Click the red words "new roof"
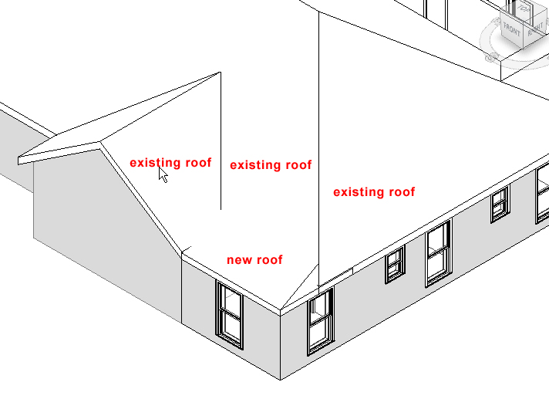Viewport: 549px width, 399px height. coord(254,260)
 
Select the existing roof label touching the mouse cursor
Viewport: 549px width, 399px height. coord(170,163)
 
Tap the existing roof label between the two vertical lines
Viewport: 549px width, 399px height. coord(271,165)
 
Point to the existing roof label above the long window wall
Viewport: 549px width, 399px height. coord(374,192)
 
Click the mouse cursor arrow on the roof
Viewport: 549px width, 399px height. coord(163,174)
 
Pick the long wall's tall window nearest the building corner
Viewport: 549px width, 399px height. coord(320,320)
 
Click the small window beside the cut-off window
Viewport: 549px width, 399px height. coord(500,204)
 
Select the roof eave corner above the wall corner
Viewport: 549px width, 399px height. coord(280,311)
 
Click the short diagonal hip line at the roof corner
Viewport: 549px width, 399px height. coord(301,286)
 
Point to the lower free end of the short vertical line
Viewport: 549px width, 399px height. coord(221,209)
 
